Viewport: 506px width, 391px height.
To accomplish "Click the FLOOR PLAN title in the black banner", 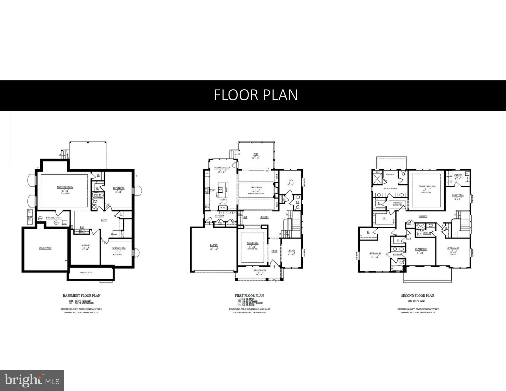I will point(255,95).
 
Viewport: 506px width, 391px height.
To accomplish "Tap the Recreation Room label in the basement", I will point(65,187).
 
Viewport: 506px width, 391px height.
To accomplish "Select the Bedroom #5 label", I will point(118,188).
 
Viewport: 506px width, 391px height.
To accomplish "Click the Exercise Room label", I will point(118,248).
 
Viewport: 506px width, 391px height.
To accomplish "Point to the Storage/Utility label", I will point(53,218).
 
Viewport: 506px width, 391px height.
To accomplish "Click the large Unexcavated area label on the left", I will point(45,248).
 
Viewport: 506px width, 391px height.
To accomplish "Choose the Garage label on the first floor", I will point(214,245).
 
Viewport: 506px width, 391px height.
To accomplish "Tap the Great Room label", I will point(256,187).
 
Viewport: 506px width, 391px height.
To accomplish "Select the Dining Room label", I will point(252,243).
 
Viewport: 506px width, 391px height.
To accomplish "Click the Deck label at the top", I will point(256,154).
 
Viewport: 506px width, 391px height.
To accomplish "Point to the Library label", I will point(291,250).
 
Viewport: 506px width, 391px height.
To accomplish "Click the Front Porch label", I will point(260,270).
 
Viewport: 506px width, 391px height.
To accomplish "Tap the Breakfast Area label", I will point(222,168).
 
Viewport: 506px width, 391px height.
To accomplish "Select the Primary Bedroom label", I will point(427,186).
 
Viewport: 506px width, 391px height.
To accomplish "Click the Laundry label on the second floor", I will point(457,175).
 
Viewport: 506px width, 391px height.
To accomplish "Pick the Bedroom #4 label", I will point(375,253).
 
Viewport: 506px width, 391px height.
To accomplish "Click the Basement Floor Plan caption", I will point(81,296).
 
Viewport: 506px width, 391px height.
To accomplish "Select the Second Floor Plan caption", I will point(417,296).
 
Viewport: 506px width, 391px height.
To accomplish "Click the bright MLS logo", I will point(32,381).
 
